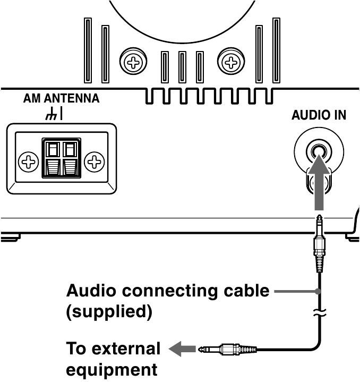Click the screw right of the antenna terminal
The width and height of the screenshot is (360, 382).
[x=95, y=160]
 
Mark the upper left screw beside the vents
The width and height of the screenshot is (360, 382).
[x=130, y=64]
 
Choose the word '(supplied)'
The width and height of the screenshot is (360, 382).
[x=108, y=312]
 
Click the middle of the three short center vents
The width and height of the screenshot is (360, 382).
[x=182, y=66]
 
